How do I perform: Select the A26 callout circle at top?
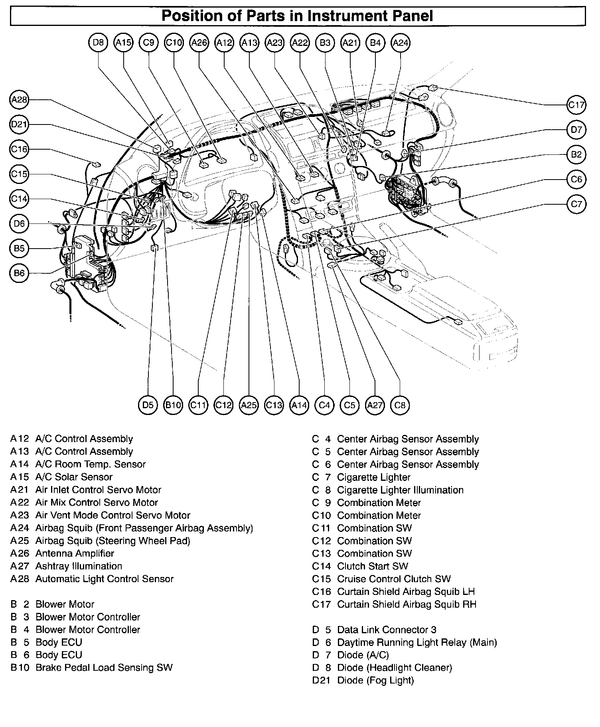point(199,43)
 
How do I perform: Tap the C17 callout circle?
point(576,105)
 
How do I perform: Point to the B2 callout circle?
point(576,154)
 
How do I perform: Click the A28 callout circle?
point(19,100)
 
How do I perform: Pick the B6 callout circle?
point(19,273)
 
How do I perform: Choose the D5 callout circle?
point(148,405)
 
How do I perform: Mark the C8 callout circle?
point(400,405)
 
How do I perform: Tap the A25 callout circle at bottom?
point(249,405)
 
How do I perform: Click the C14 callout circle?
point(19,199)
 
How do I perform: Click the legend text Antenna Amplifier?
point(75,553)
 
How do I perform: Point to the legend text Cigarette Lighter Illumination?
point(400,490)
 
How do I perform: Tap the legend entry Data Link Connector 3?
point(387,630)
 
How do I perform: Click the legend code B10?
point(20,668)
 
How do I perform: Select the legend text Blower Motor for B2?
point(65,604)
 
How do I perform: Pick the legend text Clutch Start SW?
point(373,566)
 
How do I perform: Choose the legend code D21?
point(322,680)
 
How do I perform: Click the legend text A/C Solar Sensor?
point(74,477)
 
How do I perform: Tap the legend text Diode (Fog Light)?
point(375,680)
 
